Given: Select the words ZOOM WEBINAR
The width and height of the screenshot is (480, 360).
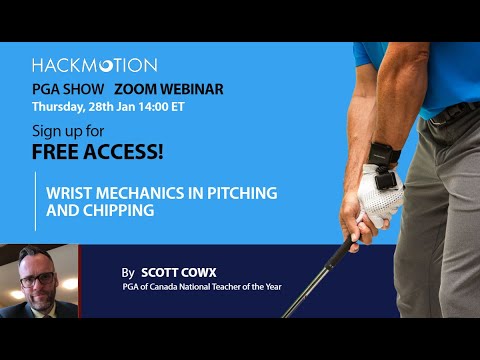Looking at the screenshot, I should pos(176,88).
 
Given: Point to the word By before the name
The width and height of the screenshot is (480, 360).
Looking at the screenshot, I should pos(127,272).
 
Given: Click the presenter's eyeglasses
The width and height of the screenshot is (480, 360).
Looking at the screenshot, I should pos(37,279).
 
